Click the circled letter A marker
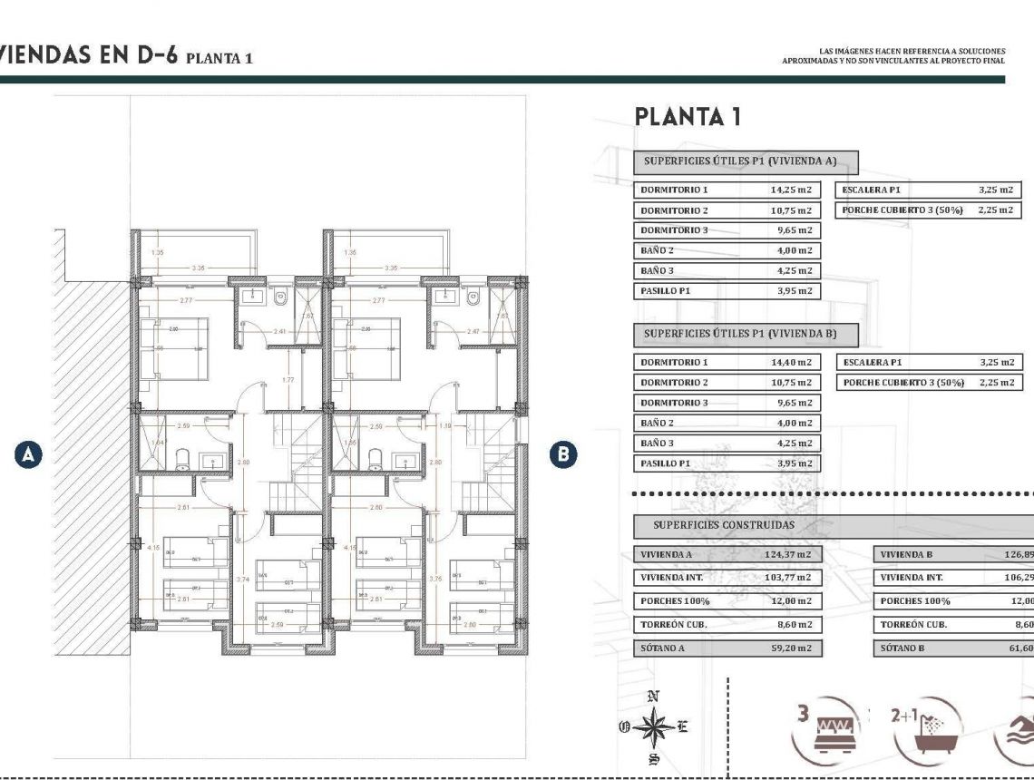click(29, 453)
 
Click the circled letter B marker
click(564, 453)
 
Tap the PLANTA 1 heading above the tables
click(688, 117)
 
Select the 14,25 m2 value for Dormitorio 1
click(790, 190)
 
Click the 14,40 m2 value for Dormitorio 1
click(790, 363)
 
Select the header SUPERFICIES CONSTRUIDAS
click(724, 525)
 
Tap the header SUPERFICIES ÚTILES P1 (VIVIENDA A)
click(738, 161)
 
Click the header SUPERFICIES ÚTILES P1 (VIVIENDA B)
click(739, 334)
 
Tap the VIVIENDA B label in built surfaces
click(906, 554)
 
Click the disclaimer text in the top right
click(893, 56)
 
